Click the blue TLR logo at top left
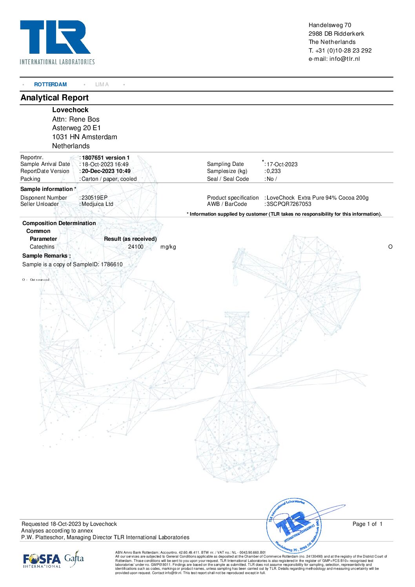tap(55, 38)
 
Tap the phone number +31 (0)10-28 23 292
tap(343, 51)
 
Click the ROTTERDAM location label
tap(50, 84)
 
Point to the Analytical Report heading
tap(55, 98)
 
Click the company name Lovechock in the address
tap(70, 110)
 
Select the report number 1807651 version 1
tap(106, 158)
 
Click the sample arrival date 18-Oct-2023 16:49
tap(105, 164)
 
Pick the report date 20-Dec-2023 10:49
tap(106, 171)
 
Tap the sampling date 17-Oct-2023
tap(282, 164)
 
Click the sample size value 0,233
tap(274, 171)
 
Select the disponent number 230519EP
tap(94, 198)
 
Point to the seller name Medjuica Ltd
tap(97, 204)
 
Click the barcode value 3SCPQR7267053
tap(289, 204)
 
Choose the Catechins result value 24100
tap(136, 247)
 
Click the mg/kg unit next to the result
tap(168, 247)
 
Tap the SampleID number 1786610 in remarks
tap(112, 264)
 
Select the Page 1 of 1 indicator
tap(367, 524)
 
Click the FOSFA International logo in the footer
tap(42, 560)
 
